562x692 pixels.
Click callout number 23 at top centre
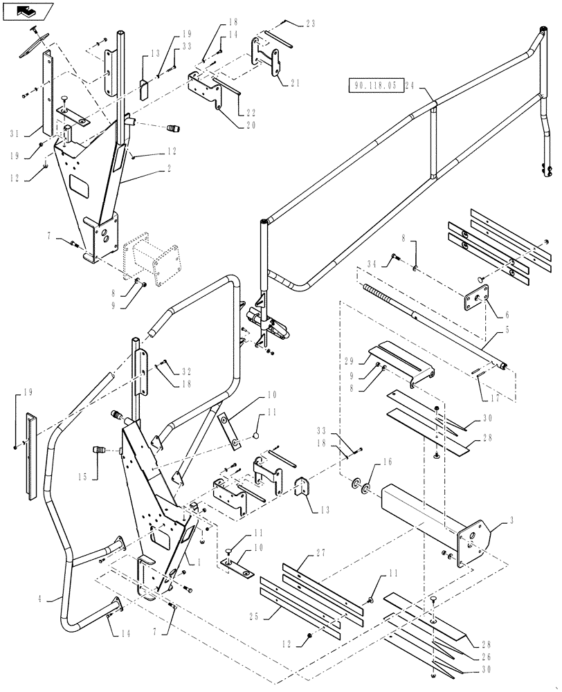[x=310, y=23]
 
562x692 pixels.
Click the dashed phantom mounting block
[x=152, y=262]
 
